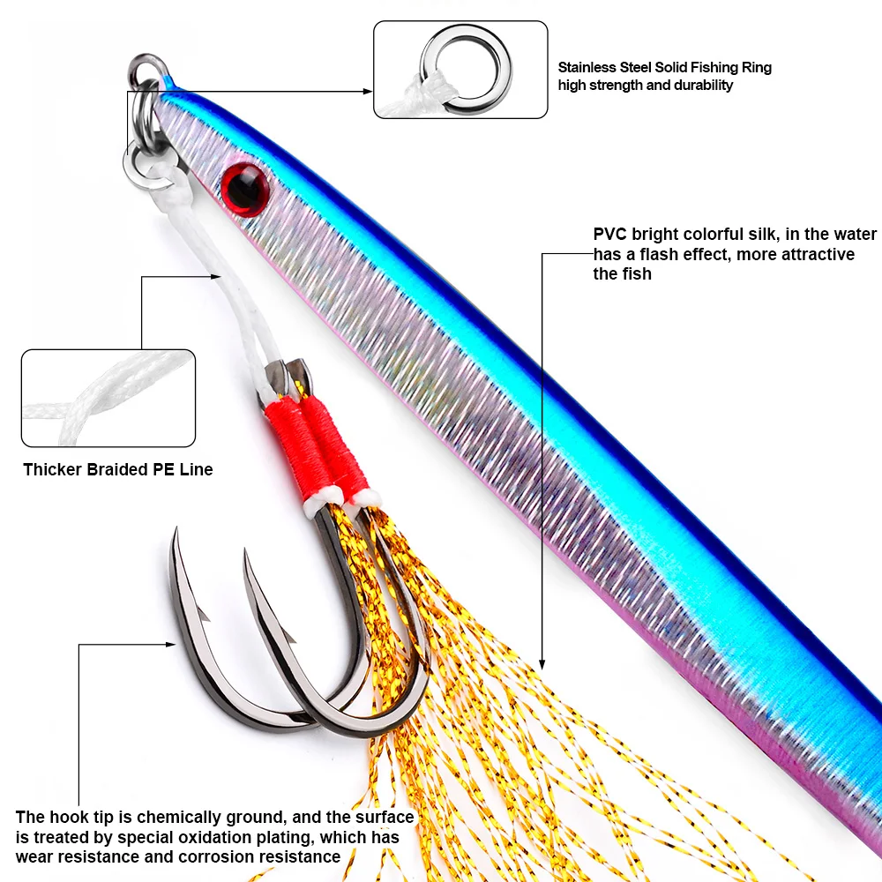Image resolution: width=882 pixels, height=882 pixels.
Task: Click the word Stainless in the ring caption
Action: pyautogui.click(x=587, y=68)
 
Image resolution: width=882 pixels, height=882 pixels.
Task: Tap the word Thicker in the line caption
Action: pyautogui.click(x=53, y=469)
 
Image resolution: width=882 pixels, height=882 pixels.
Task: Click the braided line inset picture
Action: pyautogui.click(x=108, y=397)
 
